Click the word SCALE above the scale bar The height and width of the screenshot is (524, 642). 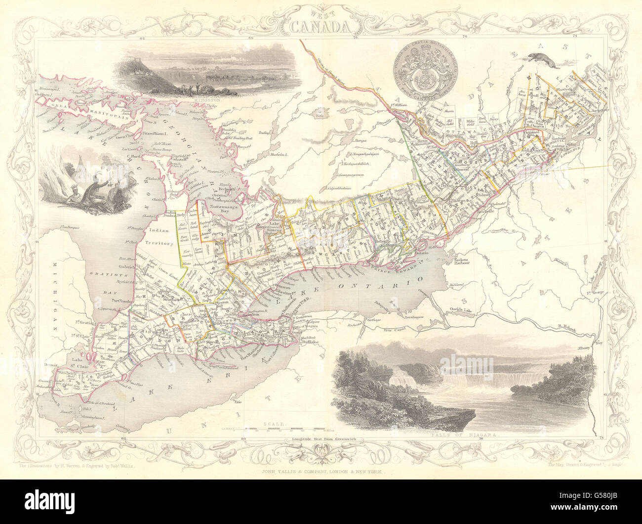[273, 424]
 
